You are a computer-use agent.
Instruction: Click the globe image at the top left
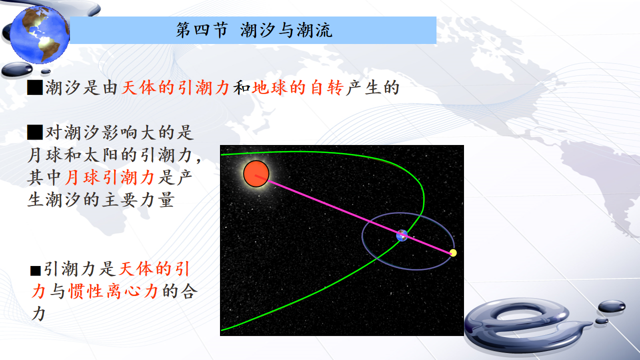tap(39, 34)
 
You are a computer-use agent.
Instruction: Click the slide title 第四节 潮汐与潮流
tap(254, 30)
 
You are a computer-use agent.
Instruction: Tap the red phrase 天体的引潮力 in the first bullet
tap(175, 87)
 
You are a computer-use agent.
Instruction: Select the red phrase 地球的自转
tap(297, 87)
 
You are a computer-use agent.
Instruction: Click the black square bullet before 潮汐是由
tap(35, 87)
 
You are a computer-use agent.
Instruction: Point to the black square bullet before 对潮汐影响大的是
tap(35, 132)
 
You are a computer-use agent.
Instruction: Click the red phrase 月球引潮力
tap(110, 177)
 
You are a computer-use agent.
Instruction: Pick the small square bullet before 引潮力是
tap(35, 270)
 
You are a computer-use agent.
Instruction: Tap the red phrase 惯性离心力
tap(113, 291)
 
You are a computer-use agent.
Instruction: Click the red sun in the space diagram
tap(256, 173)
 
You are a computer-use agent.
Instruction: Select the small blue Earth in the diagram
tap(401, 235)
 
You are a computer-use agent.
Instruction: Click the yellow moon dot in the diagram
tap(453, 252)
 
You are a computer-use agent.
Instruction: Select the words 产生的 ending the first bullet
tap(372, 87)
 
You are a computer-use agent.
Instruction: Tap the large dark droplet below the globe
tap(17, 69)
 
